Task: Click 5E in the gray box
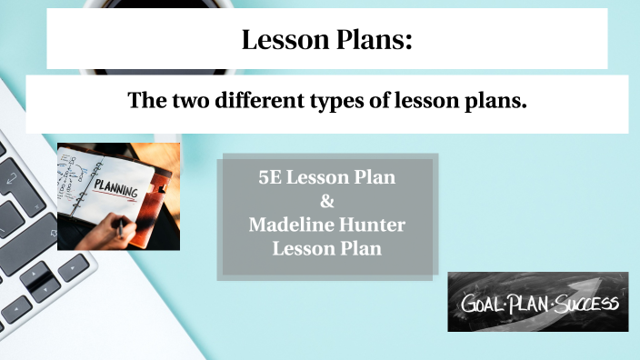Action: click(x=270, y=177)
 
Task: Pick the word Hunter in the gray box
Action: click(x=373, y=224)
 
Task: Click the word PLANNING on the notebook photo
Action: click(x=116, y=190)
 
